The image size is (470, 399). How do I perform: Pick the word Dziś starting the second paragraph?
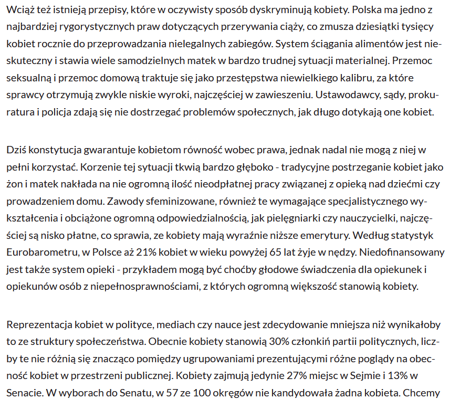click(16, 150)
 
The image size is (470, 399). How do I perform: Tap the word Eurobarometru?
click(40, 252)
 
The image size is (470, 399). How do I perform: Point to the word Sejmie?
click(370, 375)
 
